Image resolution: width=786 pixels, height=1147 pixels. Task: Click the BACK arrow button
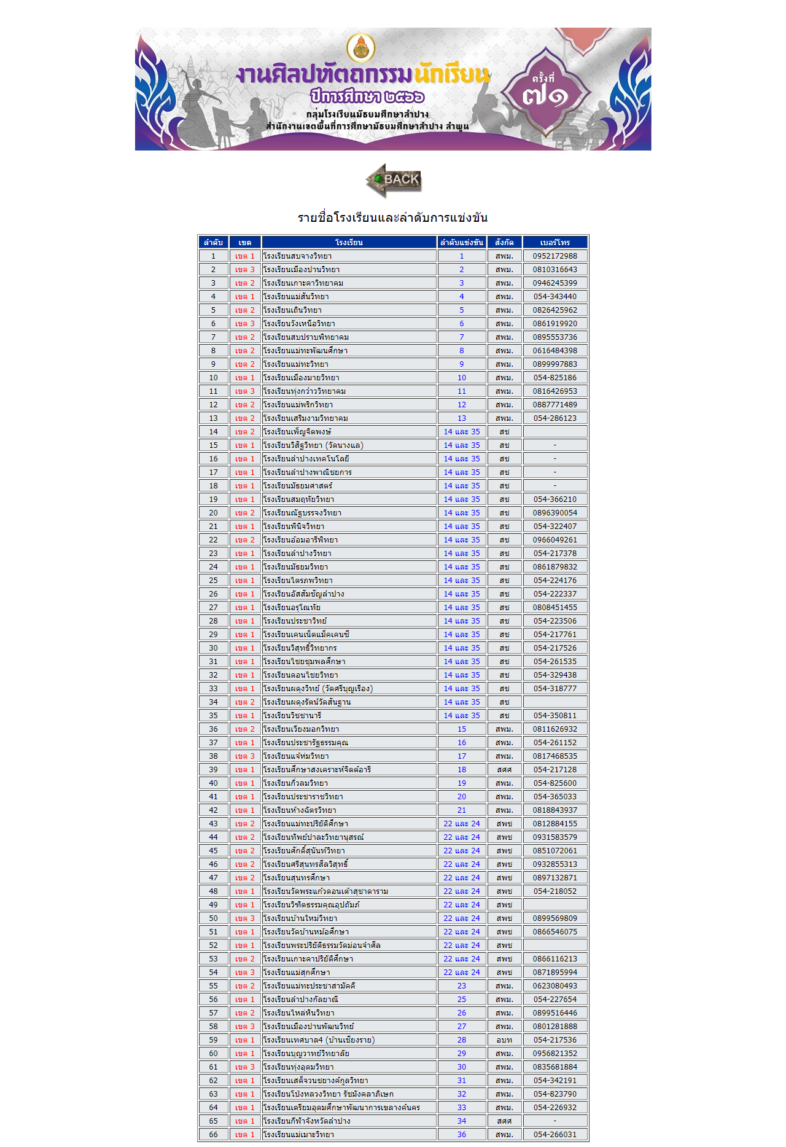tap(394, 180)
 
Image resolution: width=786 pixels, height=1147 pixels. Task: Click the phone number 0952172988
tap(554, 256)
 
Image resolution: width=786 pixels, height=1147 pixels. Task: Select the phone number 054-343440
tap(554, 297)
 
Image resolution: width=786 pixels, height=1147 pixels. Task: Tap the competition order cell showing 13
tap(462, 418)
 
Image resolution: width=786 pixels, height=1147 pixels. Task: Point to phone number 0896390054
tap(554, 513)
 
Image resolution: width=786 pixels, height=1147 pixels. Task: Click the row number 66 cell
tap(213, 1135)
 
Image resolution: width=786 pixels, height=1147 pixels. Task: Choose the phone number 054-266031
tap(554, 1135)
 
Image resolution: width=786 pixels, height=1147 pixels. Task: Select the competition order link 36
tap(462, 1135)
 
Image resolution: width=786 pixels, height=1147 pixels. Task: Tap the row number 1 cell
tap(213, 256)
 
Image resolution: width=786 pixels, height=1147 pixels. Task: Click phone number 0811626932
tap(554, 729)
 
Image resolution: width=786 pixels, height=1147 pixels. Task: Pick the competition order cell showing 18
tap(462, 770)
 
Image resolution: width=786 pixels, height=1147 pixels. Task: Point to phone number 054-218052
tap(554, 891)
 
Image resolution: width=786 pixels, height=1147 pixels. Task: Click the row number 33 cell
tap(213, 689)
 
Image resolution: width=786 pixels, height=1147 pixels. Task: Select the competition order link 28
tap(462, 1040)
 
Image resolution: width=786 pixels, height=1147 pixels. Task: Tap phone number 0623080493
tap(554, 986)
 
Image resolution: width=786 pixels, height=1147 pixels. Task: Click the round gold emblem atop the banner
tap(361, 48)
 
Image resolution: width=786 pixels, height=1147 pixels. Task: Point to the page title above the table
tap(392, 217)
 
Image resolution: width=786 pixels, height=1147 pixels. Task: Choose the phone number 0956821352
tap(554, 1054)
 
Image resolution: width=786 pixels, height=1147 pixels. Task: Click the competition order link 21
tap(462, 810)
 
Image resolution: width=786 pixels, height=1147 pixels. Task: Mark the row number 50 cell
tap(213, 918)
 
